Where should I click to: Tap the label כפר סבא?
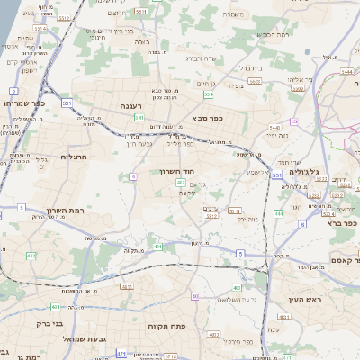[207, 117]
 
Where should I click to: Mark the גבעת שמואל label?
[72, 338]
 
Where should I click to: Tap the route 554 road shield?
[209, 94]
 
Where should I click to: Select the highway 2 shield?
[13, 91]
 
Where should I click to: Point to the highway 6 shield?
[302, 224]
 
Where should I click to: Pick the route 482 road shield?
[31, 256]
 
